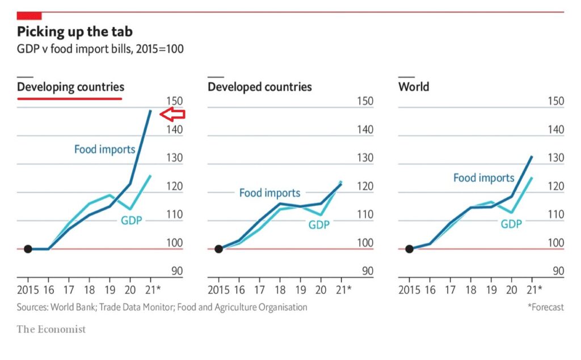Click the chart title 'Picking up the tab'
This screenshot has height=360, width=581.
(x=75, y=31)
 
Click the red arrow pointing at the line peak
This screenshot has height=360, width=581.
(x=172, y=115)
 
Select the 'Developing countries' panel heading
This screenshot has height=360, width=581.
(x=70, y=87)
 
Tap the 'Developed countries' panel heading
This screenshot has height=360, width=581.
(x=260, y=87)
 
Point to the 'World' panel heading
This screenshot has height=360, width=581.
(x=414, y=87)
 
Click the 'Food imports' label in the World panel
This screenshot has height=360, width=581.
(x=483, y=178)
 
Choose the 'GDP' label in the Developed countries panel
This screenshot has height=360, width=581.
(x=319, y=225)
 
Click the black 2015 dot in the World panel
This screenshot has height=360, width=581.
(x=409, y=249)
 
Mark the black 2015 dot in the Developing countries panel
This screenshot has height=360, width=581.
(x=28, y=249)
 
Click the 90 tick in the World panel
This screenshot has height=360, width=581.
(x=558, y=271)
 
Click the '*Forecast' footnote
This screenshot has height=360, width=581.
(x=546, y=307)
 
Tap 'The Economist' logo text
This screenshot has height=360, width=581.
(x=51, y=329)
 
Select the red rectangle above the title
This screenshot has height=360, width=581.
(x=29, y=15)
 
